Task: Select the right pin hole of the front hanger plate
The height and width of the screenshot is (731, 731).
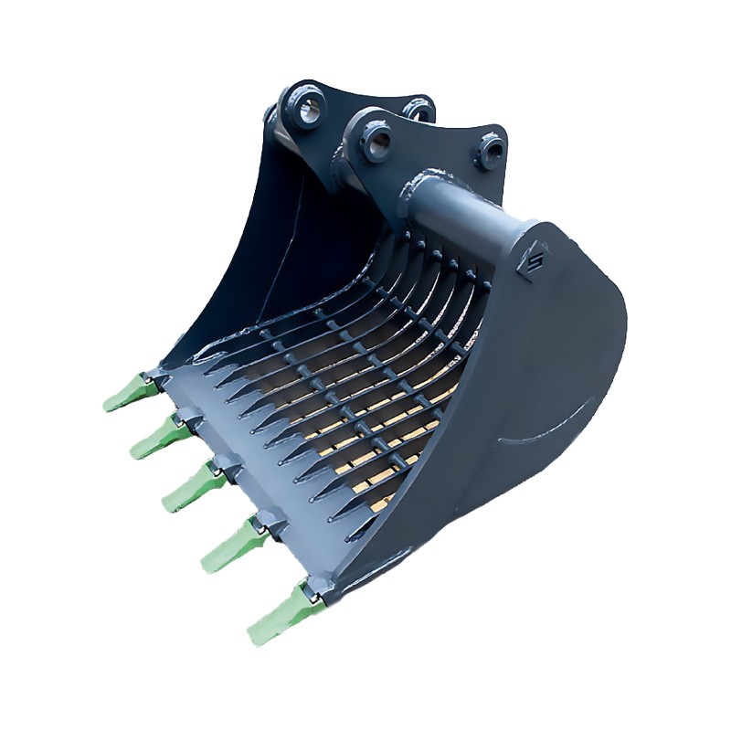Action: (x=490, y=147)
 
